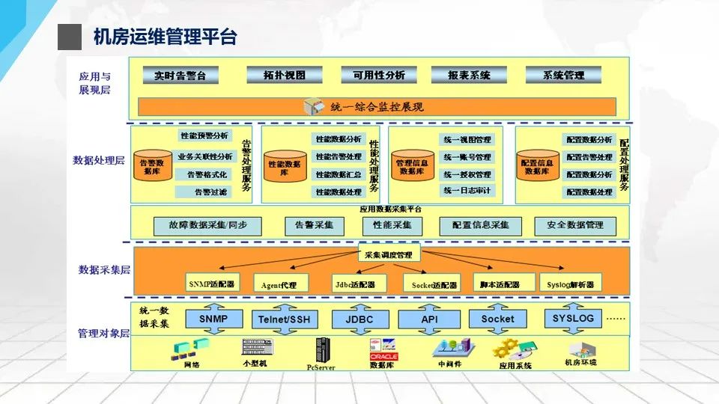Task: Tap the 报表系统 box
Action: pos(469,75)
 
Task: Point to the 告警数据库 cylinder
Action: pos(152,166)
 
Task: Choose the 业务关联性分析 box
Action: pos(204,157)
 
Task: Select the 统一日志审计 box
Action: pos(467,191)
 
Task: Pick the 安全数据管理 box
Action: pos(574,224)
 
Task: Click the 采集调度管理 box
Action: pos(389,255)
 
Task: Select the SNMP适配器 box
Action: pos(211,284)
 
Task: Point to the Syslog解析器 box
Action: pos(570,284)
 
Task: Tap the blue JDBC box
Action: pos(359,319)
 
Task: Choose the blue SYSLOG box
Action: pos(573,319)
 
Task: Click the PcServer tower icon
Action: pos(322,349)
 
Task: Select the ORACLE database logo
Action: pos(383,356)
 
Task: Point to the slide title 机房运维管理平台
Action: pos(165,37)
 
